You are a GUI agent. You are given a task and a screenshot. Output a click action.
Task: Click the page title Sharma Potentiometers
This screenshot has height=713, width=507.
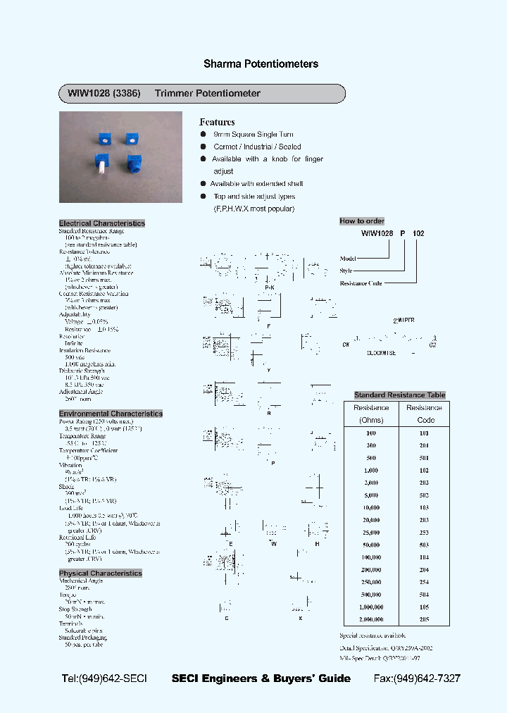[x=261, y=64]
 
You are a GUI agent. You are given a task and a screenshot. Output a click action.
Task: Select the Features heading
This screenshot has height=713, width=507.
[x=217, y=122]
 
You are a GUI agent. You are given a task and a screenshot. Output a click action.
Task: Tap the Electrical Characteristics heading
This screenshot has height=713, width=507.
[x=101, y=223]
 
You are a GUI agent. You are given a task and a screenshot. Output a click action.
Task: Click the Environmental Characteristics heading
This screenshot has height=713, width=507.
[x=111, y=414]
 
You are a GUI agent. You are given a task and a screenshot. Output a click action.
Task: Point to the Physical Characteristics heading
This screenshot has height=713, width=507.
[x=100, y=573]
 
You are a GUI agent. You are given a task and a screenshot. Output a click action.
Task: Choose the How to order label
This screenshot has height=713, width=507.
[x=362, y=221]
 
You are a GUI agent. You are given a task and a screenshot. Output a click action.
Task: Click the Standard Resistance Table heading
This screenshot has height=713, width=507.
[x=399, y=395]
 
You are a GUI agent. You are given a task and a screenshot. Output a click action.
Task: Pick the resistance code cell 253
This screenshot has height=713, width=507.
[x=424, y=533]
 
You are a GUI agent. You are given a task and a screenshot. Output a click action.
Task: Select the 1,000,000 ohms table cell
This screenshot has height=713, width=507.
[x=371, y=607]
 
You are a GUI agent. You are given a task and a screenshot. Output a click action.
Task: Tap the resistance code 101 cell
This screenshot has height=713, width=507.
[x=424, y=433]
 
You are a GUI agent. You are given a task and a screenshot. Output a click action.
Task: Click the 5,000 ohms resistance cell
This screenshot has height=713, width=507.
[x=371, y=495]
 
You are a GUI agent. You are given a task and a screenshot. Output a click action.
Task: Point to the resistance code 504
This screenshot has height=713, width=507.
[x=424, y=595]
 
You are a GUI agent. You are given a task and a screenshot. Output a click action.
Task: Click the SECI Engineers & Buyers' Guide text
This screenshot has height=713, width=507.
[x=261, y=678]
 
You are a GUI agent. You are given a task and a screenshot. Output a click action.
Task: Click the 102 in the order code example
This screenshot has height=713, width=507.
[x=418, y=232]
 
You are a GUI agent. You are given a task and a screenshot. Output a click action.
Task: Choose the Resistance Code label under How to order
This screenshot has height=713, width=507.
[x=361, y=283]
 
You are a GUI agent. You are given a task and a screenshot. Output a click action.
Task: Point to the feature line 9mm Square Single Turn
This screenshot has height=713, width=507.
[x=253, y=135]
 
